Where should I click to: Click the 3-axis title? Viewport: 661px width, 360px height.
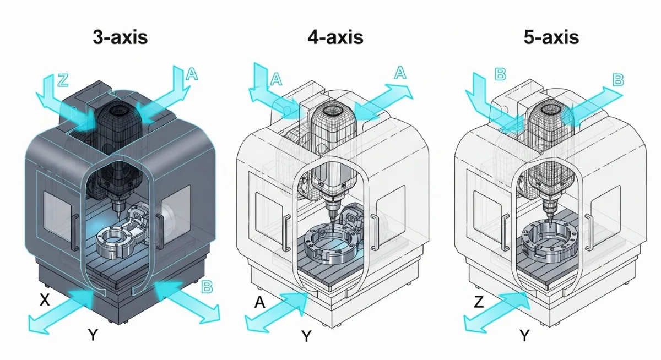(x=120, y=37)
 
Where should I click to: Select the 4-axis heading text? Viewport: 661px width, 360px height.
(x=335, y=37)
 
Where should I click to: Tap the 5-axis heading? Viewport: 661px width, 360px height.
(x=551, y=37)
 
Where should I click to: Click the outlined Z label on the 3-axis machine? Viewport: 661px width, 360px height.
(x=63, y=80)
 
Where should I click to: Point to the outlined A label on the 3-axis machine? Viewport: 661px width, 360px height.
(x=191, y=74)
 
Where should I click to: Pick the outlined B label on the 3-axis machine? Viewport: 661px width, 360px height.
(x=207, y=286)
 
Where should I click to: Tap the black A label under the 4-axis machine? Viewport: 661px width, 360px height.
(x=261, y=302)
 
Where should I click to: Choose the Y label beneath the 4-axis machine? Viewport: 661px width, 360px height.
(x=307, y=336)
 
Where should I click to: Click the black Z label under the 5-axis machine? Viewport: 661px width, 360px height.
(x=479, y=302)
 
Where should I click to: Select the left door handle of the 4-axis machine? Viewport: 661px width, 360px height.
(x=286, y=231)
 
